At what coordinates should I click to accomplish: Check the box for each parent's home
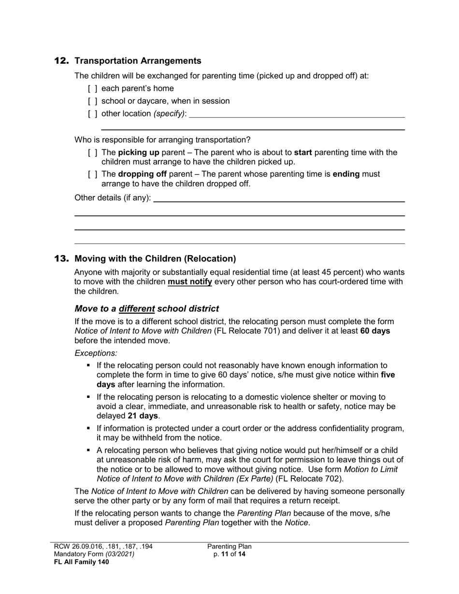pyautogui.click(x=93, y=89)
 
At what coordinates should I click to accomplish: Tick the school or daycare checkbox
pyautogui.click(x=93, y=101)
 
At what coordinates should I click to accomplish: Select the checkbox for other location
pyautogui.click(x=93, y=114)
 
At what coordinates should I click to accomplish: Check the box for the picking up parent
pyautogui.click(x=93, y=153)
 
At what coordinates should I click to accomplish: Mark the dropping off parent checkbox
pyautogui.click(x=93, y=174)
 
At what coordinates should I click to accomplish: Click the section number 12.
pyautogui.click(x=61, y=61)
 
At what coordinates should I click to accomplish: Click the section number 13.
pyautogui.click(x=61, y=259)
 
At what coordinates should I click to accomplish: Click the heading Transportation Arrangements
pyautogui.click(x=138, y=61)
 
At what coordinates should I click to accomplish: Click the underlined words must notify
pyautogui.click(x=189, y=282)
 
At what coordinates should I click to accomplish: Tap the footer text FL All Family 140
pyautogui.click(x=81, y=562)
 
